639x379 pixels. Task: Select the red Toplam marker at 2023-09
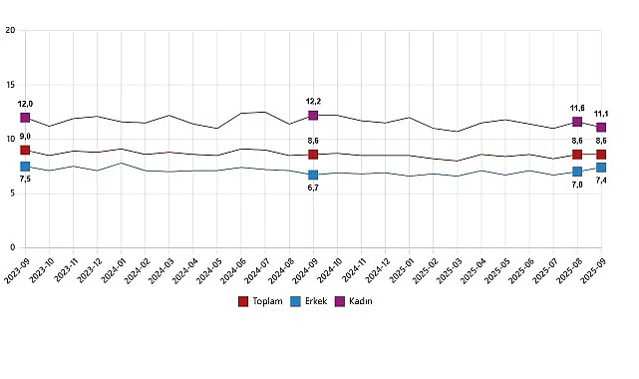click(25, 151)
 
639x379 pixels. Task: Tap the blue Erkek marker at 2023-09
click(25, 167)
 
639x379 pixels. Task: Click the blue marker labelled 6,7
click(313, 175)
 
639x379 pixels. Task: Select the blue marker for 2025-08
click(577, 172)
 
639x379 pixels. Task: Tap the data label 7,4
click(602, 180)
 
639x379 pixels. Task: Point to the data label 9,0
click(25, 137)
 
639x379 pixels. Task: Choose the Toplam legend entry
click(262, 300)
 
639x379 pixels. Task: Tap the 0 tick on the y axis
click(11, 247)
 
